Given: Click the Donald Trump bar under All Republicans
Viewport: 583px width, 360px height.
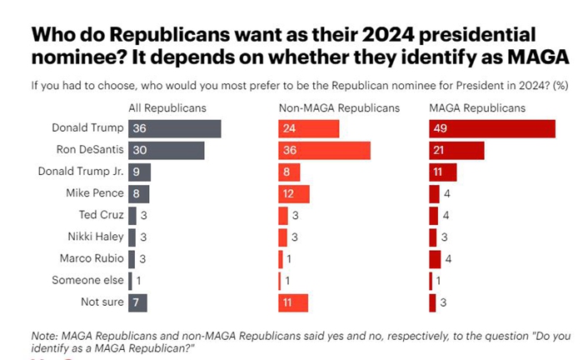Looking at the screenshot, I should point(174,128).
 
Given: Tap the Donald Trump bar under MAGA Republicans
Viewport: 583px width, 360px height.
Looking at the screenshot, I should point(492,128).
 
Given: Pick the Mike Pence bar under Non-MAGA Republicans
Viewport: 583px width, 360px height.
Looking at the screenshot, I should point(293,193).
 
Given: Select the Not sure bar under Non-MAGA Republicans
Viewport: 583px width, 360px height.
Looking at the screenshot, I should point(292,302).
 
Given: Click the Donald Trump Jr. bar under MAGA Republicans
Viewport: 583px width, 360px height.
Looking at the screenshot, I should point(443,172).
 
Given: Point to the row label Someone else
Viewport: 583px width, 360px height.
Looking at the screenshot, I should point(88,280).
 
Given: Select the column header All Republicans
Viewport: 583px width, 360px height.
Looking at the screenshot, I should point(167,107).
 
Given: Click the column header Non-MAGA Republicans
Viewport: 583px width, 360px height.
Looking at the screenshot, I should point(339,107).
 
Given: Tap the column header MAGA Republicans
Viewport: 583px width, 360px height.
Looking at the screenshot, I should point(477,107).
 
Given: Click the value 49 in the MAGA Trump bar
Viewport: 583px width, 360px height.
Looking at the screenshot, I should point(440,128).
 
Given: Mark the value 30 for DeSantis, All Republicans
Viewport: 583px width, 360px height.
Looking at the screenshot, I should point(138,151).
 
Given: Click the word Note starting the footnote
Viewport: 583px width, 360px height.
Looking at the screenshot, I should point(44,334).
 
